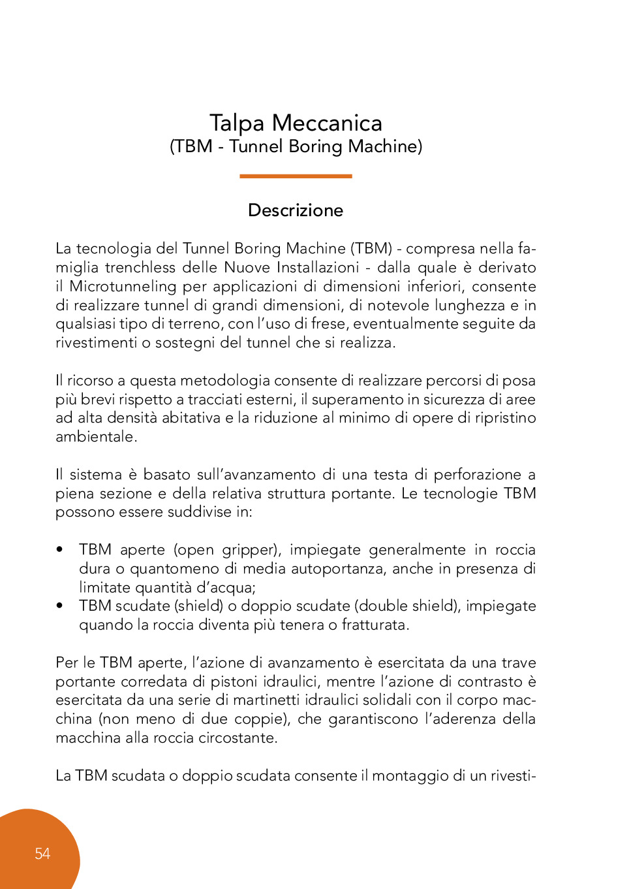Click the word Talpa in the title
pos(237,123)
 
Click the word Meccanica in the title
pos(327,123)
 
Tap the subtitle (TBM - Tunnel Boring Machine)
pos(296,146)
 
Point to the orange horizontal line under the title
pos(296,176)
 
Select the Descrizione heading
pos(296,210)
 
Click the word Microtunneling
pos(123,286)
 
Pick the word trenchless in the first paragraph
pos(140,267)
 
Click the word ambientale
pos(95,436)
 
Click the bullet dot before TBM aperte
pos(60,550)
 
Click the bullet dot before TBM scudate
pos(60,606)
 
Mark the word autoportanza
pos(337,568)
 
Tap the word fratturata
pos(375,624)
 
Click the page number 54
pos(42,854)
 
